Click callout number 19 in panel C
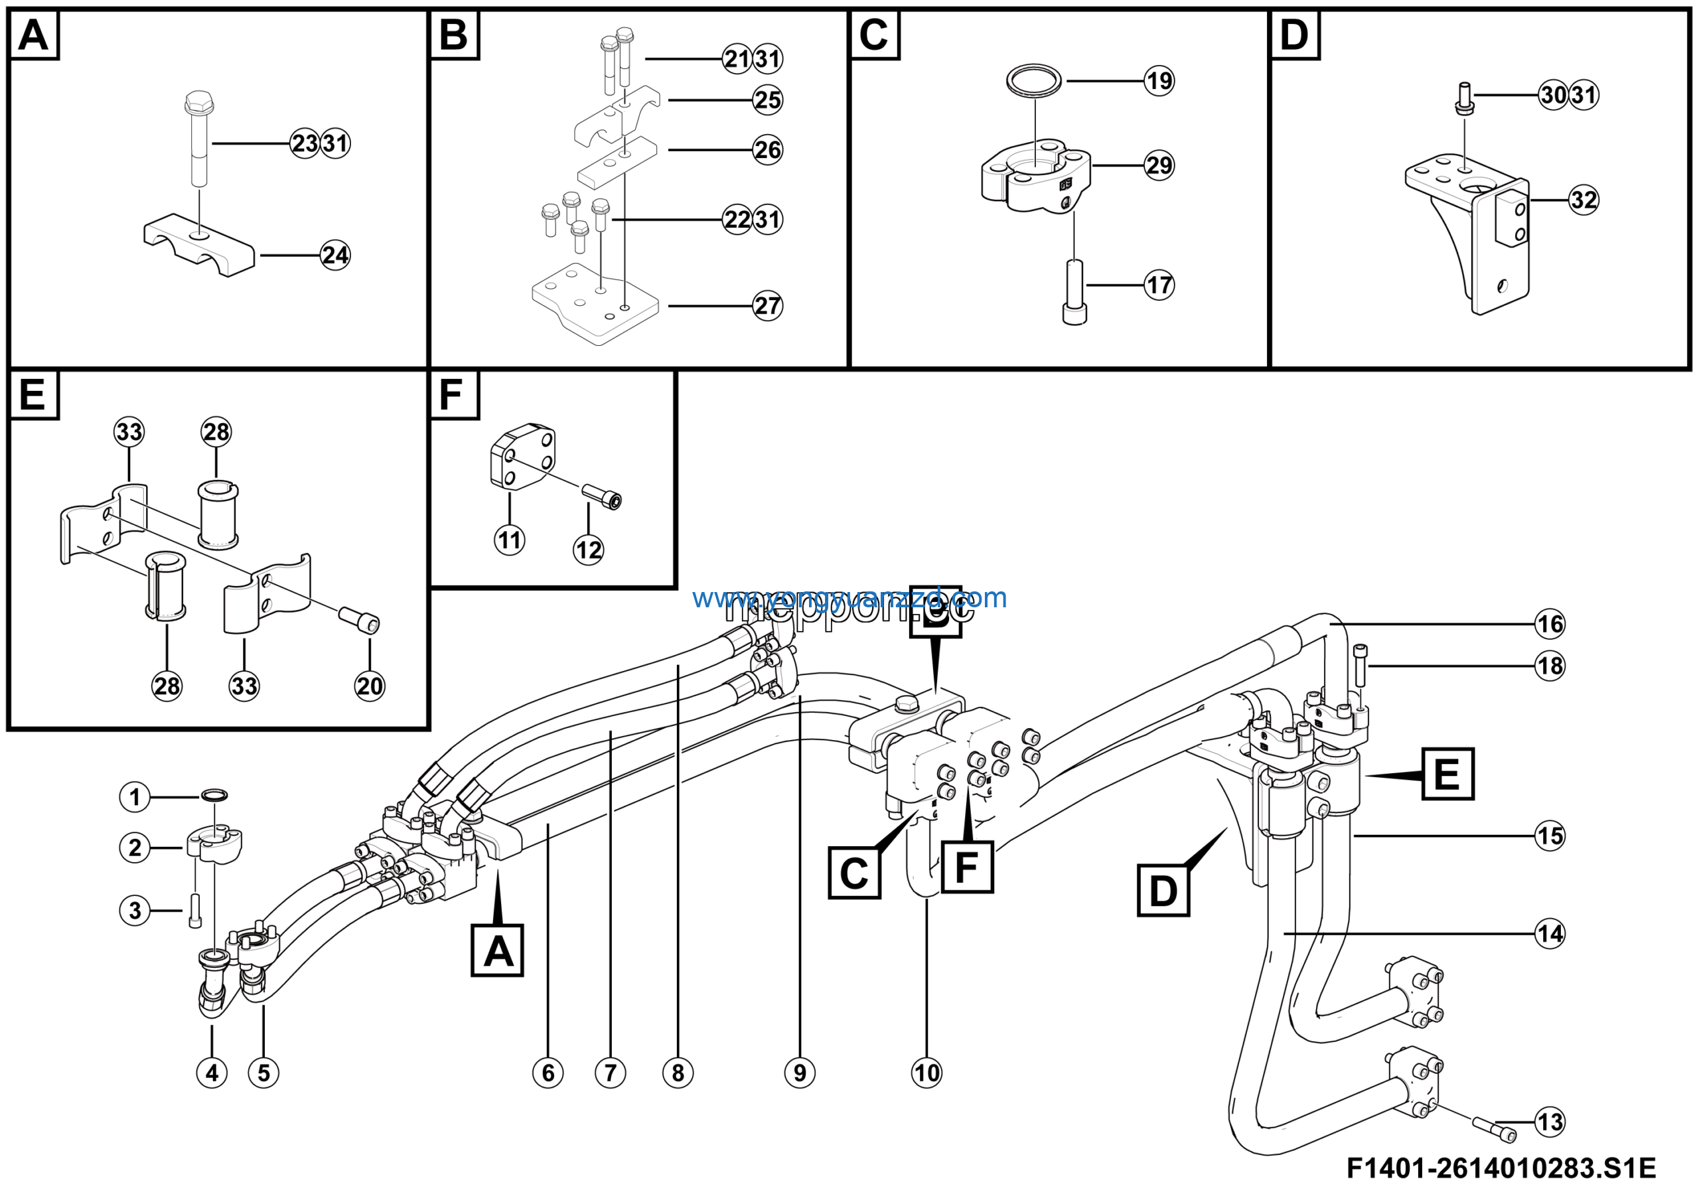pos(1159,80)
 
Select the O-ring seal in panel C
pos(1034,79)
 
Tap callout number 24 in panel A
pos(335,256)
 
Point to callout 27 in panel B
pos(767,305)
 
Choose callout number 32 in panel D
pos(1584,200)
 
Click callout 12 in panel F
pos(588,550)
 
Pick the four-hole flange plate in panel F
pos(522,457)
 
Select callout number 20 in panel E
pos(369,686)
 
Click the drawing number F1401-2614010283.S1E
pos(1501,1168)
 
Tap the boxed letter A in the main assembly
pos(497,950)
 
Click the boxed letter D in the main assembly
pos(1163,890)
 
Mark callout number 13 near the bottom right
pos(1550,1122)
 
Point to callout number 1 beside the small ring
pos(135,797)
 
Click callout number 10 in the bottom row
pos(926,1073)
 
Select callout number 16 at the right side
pos(1550,624)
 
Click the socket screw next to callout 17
pos(1074,292)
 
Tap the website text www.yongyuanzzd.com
pos(849,598)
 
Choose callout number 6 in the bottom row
pos(548,1073)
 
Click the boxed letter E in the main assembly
pos(1447,774)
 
